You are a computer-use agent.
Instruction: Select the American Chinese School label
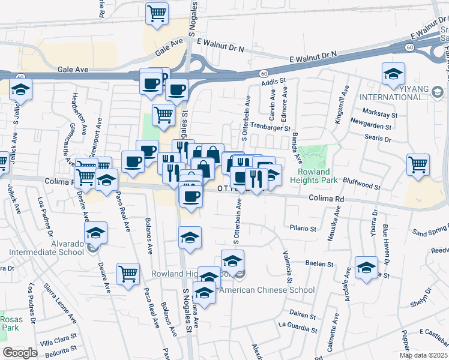[x=267, y=290]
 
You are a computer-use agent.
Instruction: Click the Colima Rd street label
[x=327, y=198]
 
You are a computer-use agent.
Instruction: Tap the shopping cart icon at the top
[x=157, y=13]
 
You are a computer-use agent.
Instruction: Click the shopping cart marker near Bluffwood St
[x=418, y=164]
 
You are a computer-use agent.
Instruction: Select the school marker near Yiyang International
[x=393, y=74]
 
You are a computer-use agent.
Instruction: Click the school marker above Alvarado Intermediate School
[x=95, y=233]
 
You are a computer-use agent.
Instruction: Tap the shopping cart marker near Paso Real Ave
[x=128, y=274]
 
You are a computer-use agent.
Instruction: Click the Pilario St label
[x=303, y=229]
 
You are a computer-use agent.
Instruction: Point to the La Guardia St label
[x=298, y=329]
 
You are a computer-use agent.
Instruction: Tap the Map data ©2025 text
[x=423, y=355]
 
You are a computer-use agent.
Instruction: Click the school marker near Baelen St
[x=366, y=268]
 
